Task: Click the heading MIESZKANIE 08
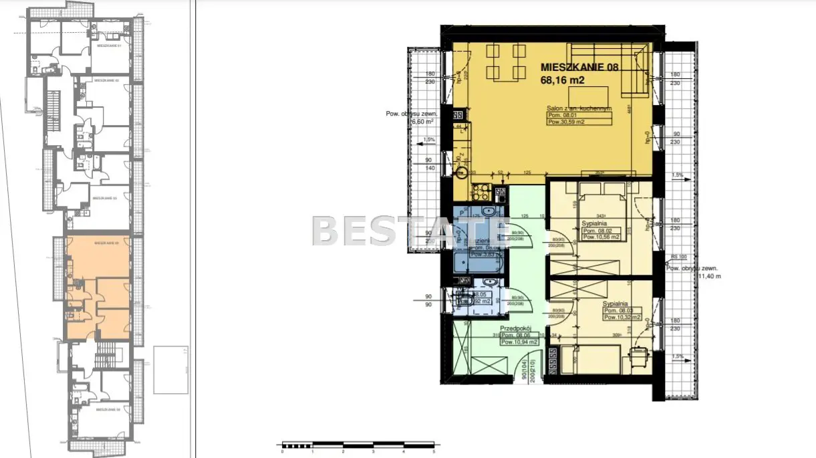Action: point(579,68)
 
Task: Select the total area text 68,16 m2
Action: point(563,80)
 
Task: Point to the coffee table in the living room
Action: point(589,95)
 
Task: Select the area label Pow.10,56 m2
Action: point(601,236)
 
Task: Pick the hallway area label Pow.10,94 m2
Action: point(519,342)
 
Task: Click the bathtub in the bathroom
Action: point(476,261)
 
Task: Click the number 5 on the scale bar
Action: point(434,451)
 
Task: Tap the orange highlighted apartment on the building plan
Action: point(99,288)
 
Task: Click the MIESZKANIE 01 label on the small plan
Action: point(108,46)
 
